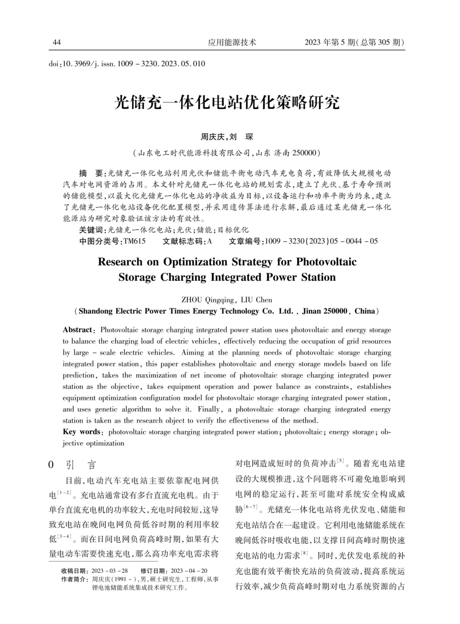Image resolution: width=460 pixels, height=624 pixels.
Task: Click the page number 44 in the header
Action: tap(57, 43)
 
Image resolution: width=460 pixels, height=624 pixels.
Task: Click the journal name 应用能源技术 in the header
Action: tap(232, 43)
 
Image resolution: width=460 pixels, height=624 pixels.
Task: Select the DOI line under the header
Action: tap(127, 63)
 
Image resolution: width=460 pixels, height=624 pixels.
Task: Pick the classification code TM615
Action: tap(135, 241)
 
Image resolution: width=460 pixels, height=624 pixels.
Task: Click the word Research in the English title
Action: tap(122, 262)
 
